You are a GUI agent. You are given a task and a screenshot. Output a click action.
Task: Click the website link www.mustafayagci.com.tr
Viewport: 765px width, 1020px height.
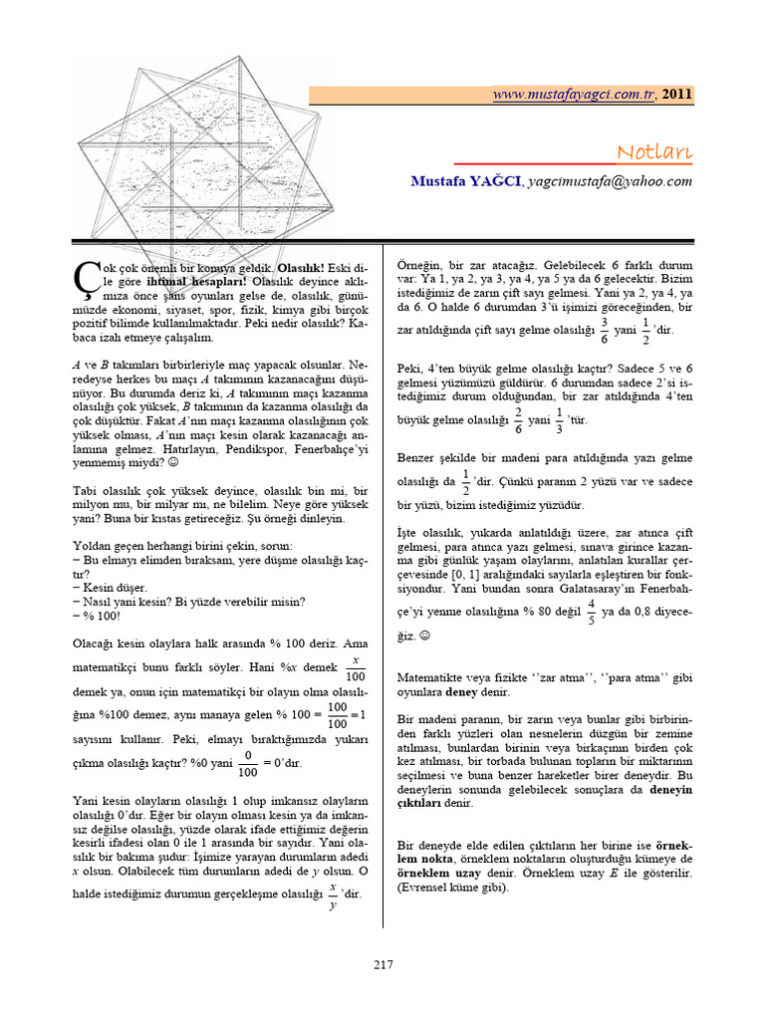click(x=574, y=95)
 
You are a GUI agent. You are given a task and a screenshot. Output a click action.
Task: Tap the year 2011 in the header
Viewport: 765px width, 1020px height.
click(x=677, y=95)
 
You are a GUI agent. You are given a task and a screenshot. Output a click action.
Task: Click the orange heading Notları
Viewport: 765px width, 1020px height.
click(x=653, y=151)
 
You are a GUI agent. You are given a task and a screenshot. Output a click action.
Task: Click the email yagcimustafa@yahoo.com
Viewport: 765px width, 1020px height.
click(x=610, y=181)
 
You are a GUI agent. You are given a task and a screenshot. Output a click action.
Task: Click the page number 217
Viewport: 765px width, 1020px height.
click(x=383, y=964)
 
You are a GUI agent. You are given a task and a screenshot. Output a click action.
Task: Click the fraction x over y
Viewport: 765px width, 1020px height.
click(x=332, y=892)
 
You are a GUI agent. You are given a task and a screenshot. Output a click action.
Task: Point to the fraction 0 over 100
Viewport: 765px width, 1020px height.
click(x=247, y=763)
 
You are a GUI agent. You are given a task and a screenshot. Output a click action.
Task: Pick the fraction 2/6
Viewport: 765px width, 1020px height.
click(x=517, y=419)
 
